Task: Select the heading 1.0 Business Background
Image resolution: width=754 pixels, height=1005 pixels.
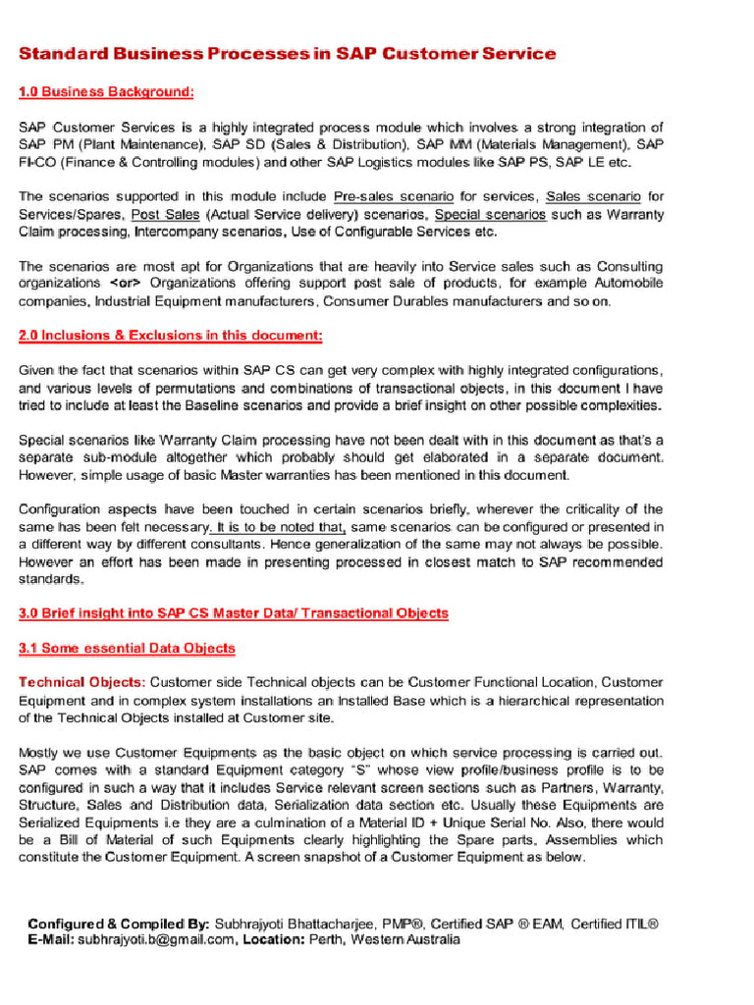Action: tap(106, 91)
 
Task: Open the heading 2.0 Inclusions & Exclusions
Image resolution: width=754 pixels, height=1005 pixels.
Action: tap(171, 336)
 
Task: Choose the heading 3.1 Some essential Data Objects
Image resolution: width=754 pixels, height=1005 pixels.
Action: tap(127, 648)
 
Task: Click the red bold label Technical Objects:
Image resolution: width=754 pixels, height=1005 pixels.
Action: tap(82, 682)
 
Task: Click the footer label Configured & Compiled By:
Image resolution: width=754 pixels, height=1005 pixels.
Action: tap(105, 924)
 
